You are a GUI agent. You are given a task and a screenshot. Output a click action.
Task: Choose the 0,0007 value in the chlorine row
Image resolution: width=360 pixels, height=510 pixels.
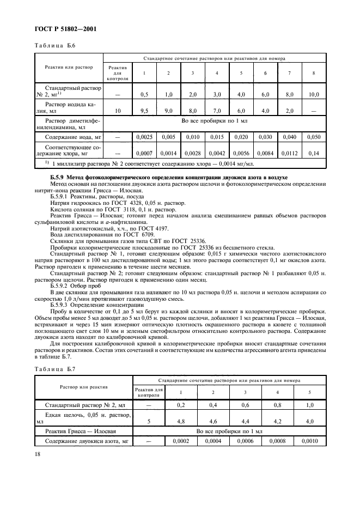point(144,153)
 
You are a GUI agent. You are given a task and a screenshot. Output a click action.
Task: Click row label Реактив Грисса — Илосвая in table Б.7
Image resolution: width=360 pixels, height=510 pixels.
point(80,430)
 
